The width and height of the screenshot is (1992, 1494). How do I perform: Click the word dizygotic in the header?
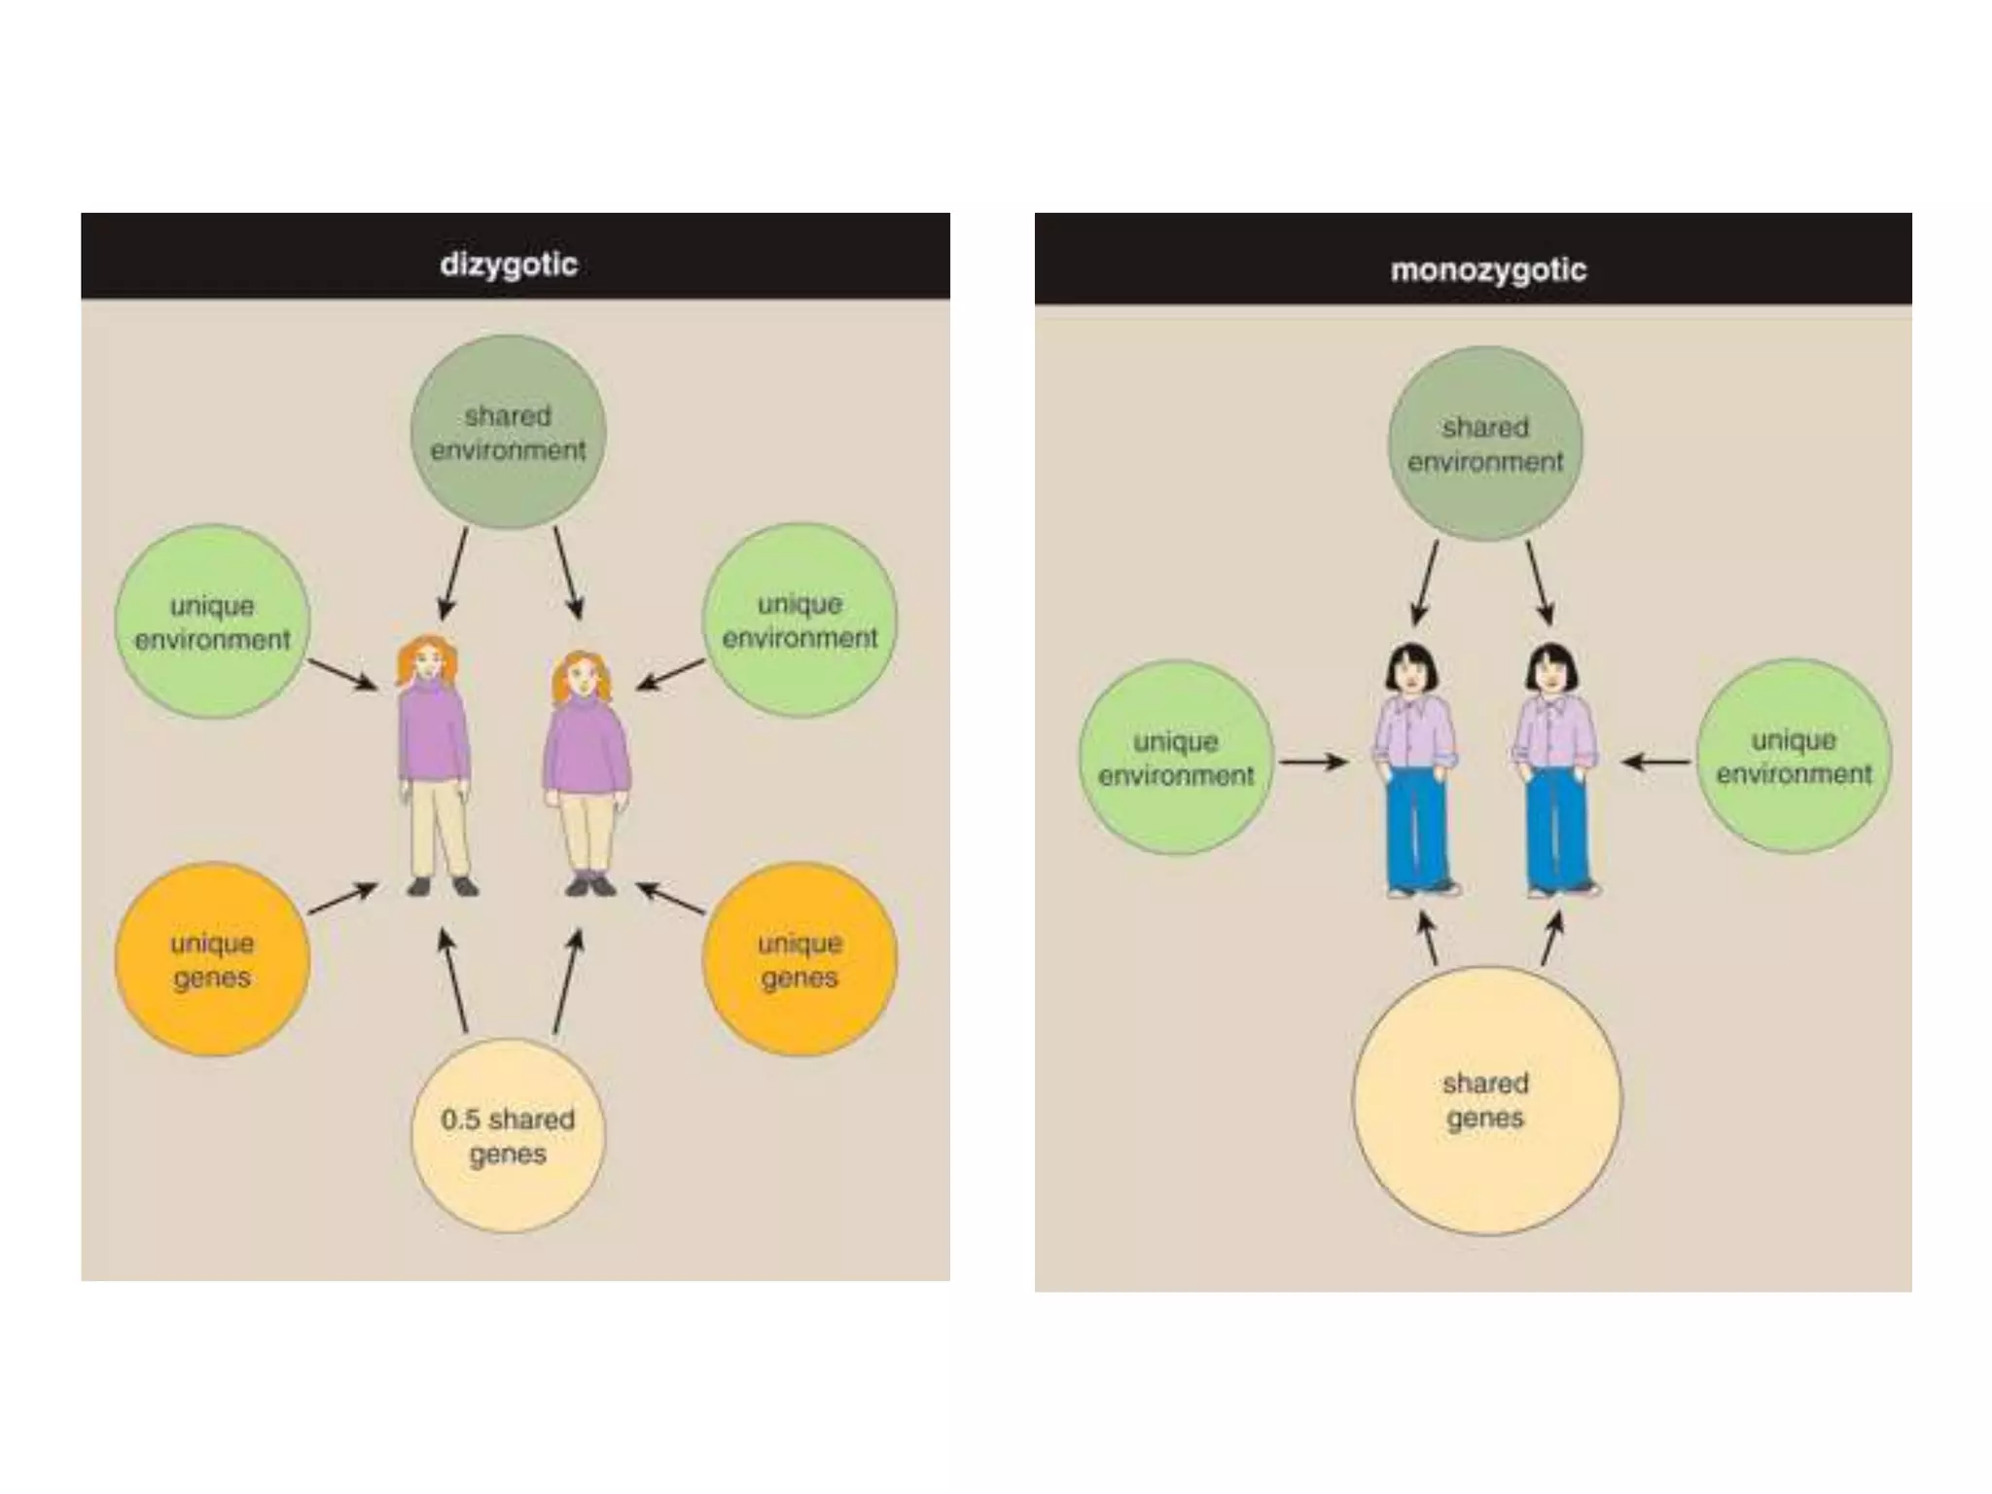pos(509,265)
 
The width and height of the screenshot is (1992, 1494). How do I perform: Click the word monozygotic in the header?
pos(1488,269)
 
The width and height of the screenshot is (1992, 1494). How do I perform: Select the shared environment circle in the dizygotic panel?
pos(508,433)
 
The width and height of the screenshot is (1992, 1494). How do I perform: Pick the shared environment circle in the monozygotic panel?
pos(1485,445)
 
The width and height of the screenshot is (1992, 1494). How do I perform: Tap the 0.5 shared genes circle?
pos(508,1136)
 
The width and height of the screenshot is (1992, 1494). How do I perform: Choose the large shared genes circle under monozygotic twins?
pos(1486,1101)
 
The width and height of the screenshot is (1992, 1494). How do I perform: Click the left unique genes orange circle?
pos(212,960)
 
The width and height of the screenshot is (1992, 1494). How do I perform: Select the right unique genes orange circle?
pos(800,960)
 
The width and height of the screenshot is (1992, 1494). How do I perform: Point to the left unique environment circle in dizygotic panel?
pos(212,622)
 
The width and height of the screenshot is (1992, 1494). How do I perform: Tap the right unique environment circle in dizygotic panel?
pos(800,621)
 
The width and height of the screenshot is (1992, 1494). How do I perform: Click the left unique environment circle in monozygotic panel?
pos(1176,759)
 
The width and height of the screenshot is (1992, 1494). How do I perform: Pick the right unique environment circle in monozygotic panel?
pos(1794,757)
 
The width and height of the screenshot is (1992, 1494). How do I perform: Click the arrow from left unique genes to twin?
pos(342,899)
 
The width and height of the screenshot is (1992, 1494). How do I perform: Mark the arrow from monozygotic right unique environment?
pos(1656,762)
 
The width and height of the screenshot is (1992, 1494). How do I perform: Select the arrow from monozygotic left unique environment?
pos(1313,762)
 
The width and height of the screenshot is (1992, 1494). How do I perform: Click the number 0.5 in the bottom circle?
pos(461,1120)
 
